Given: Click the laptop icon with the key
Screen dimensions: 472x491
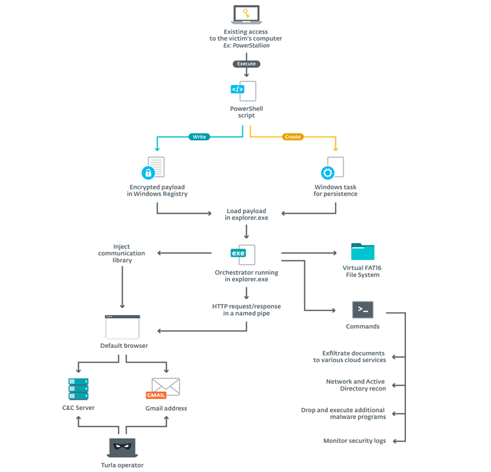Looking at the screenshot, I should (x=246, y=15).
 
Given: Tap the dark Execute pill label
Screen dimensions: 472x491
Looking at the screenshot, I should (x=246, y=64).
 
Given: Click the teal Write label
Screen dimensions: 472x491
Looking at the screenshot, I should (x=200, y=137).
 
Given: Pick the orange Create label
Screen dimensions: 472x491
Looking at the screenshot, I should (x=293, y=137).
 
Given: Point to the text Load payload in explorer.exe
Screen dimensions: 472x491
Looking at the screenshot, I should (x=246, y=215).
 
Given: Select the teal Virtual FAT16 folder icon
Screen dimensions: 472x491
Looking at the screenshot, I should (x=363, y=252).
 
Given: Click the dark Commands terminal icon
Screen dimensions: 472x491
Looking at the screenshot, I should (x=363, y=309).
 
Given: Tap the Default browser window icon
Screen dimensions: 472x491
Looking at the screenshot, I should (x=122, y=327).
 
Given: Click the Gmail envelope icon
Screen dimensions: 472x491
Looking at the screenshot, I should (x=164, y=388).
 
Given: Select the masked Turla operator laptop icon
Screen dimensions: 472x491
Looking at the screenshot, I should (x=122, y=447).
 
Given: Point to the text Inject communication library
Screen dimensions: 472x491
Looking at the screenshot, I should (x=121, y=254).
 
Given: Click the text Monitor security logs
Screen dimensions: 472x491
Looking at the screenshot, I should (x=355, y=441).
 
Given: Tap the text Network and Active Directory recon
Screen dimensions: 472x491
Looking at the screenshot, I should (x=355, y=385).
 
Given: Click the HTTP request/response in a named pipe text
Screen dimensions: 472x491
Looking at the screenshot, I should (x=246, y=309).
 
